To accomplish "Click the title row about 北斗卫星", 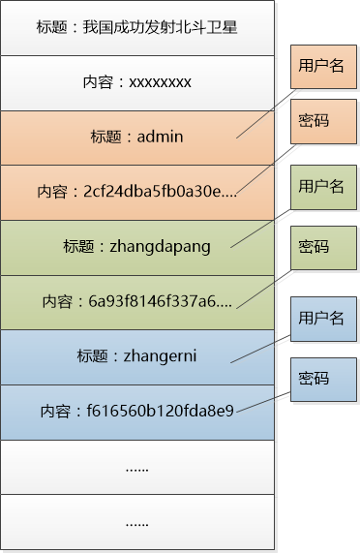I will [136, 27].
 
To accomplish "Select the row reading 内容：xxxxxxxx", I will [136, 82].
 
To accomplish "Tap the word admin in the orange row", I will [160, 138].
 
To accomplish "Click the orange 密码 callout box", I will [315, 121].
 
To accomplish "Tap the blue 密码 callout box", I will [315, 378].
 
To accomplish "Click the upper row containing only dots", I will [136, 467].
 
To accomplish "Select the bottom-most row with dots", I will [136, 522].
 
